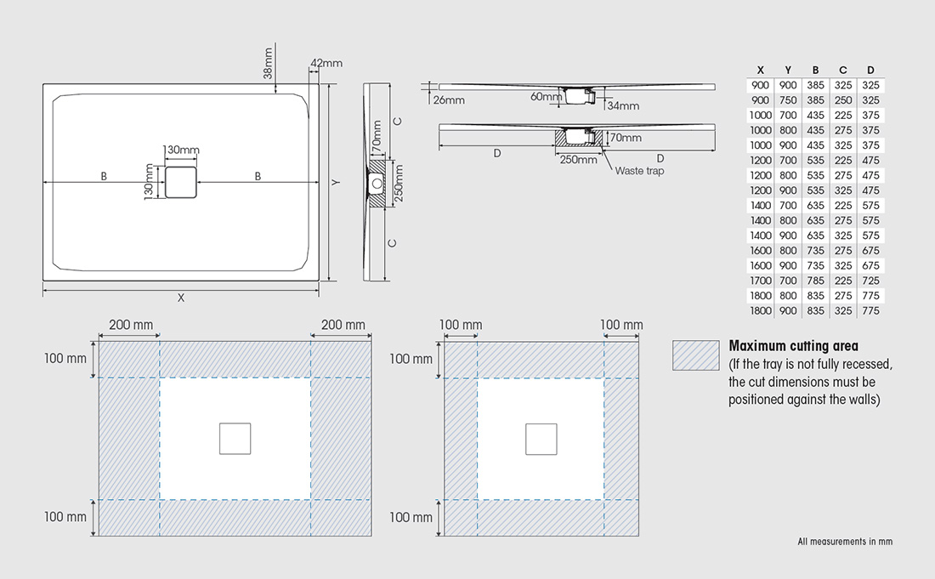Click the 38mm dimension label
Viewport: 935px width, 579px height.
pos(268,63)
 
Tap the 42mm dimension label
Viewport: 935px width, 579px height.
pos(326,63)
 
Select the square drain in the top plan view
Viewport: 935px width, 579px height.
pos(181,183)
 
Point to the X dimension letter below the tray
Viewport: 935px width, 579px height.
pos(181,298)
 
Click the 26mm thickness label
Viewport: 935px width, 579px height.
pos(449,100)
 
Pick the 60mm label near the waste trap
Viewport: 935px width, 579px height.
pos(546,96)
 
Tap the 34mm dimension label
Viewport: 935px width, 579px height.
pos(623,106)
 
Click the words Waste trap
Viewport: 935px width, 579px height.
pos(639,171)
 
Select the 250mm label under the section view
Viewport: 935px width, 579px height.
pos(578,160)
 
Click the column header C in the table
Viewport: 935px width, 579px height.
pos(842,71)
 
